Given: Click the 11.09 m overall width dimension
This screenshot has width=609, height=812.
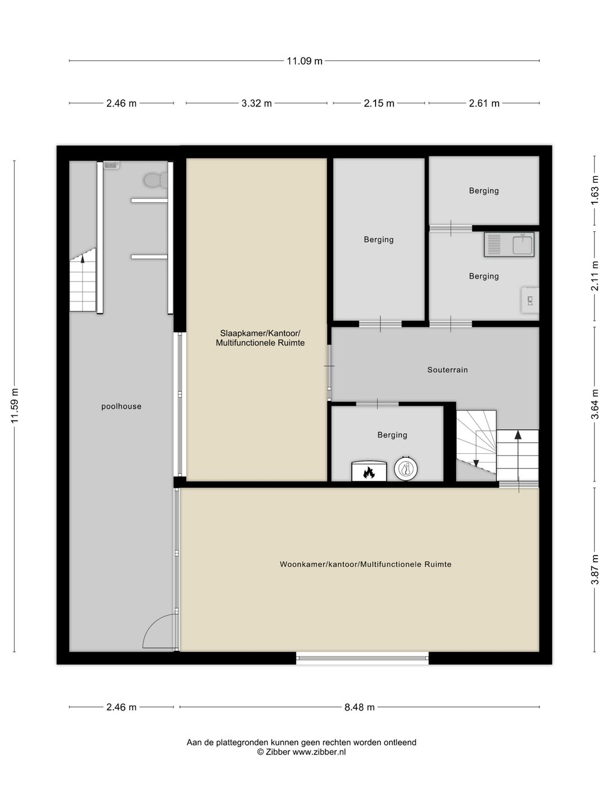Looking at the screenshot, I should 304,61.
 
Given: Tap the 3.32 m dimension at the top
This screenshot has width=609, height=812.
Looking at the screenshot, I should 257,103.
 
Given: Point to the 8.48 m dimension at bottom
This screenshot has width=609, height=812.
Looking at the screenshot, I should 359,707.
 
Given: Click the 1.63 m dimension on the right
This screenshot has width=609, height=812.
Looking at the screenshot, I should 594,190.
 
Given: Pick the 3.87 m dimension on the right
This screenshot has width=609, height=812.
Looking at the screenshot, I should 594,570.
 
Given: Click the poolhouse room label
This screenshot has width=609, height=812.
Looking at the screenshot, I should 121,407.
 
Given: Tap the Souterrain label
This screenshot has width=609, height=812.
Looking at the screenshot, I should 447,370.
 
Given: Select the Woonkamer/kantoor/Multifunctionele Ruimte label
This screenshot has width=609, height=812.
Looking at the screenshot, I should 365,564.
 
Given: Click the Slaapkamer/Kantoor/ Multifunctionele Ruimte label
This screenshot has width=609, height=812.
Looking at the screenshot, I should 260,338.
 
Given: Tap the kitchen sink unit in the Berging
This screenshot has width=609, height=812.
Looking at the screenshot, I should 509,245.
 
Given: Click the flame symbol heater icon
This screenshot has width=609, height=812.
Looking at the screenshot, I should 369,471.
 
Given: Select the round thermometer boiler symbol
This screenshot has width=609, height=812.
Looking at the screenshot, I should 406,469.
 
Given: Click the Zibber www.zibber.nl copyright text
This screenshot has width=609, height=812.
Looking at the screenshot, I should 302,752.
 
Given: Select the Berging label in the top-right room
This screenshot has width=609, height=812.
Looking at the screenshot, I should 484,191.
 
